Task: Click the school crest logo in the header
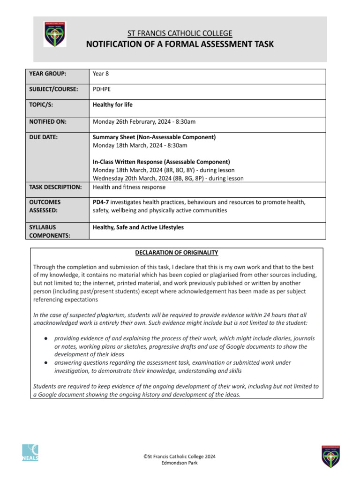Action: coord(55,34)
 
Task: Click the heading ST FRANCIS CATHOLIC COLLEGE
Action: coord(180,33)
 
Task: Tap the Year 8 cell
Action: coord(101,74)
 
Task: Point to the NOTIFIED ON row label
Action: coord(48,122)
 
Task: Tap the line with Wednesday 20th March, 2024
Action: coord(168,178)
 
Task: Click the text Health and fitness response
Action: coord(129,187)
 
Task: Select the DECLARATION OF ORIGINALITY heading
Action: coord(176,253)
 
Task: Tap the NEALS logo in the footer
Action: coord(30,453)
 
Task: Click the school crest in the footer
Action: coord(330,456)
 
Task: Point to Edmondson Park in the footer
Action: coord(180,463)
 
